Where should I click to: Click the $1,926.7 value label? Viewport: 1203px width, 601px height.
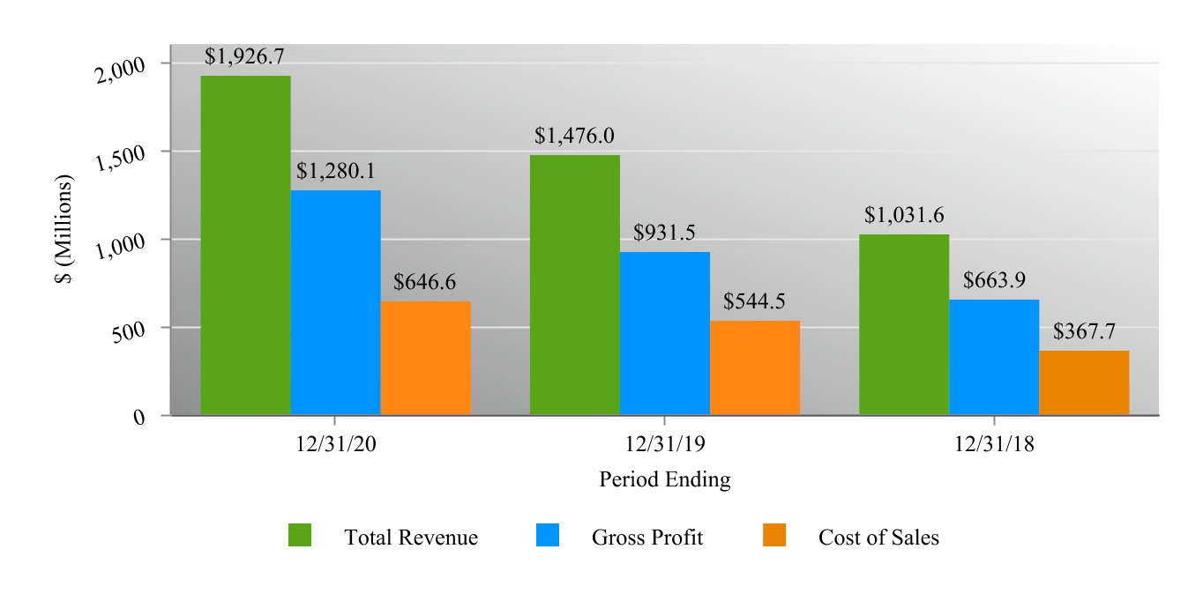(244, 57)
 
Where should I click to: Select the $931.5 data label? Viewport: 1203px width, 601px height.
(664, 233)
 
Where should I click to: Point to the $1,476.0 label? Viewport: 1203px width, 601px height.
(574, 136)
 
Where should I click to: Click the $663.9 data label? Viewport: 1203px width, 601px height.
(994, 280)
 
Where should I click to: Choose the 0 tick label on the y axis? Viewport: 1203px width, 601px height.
(139, 418)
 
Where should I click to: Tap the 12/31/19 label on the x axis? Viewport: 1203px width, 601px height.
(664, 445)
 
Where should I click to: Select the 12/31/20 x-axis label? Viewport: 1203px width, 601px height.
(335, 445)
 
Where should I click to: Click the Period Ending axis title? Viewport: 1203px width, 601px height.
(664, 479)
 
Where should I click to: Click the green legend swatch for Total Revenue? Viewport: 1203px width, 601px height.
(300, 535)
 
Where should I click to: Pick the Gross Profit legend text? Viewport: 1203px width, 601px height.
(647, 538)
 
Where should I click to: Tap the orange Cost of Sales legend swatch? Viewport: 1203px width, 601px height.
(774, 535)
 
